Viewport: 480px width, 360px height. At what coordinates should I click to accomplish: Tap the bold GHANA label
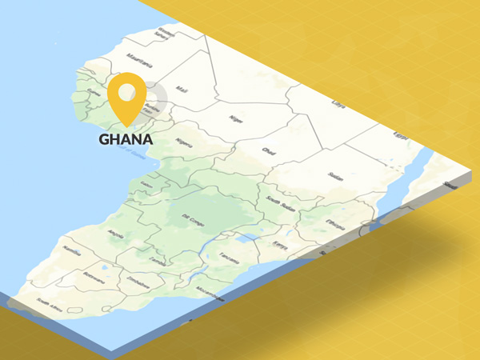pos(126,138)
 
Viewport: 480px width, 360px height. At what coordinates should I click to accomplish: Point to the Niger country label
pos(235,119)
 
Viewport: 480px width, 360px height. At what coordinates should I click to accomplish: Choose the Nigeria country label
pos(185,143)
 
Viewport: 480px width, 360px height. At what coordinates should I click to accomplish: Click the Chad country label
pos(267,150)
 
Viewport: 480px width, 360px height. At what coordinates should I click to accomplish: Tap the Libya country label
pos(338,105)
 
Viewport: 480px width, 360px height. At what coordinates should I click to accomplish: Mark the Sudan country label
pos(335,175)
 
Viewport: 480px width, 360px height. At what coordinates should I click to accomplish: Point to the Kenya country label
pos(279,245)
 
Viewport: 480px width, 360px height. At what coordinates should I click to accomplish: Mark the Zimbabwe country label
pos(136,282)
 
